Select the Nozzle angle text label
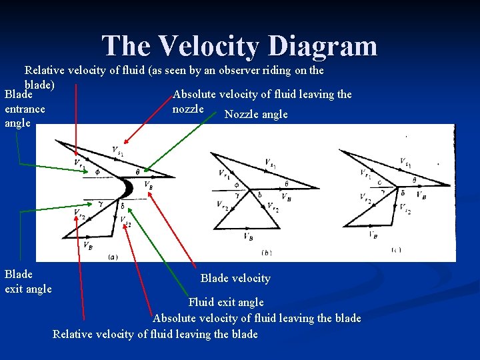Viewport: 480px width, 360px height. click(256, 114)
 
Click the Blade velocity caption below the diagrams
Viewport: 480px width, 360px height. click(235, 278)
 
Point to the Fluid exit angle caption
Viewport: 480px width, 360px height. click(226, 302)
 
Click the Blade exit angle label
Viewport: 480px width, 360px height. click(28, 281)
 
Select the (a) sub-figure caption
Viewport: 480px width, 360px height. click(113, 255)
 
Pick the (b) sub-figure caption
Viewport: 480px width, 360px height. click(267, 253)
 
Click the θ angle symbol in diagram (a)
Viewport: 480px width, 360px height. click(138, 172)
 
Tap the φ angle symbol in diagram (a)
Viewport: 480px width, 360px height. click(97, 171)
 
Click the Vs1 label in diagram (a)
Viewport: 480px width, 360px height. click(118, 151)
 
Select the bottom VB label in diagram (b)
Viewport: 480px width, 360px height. click(248, 236)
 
